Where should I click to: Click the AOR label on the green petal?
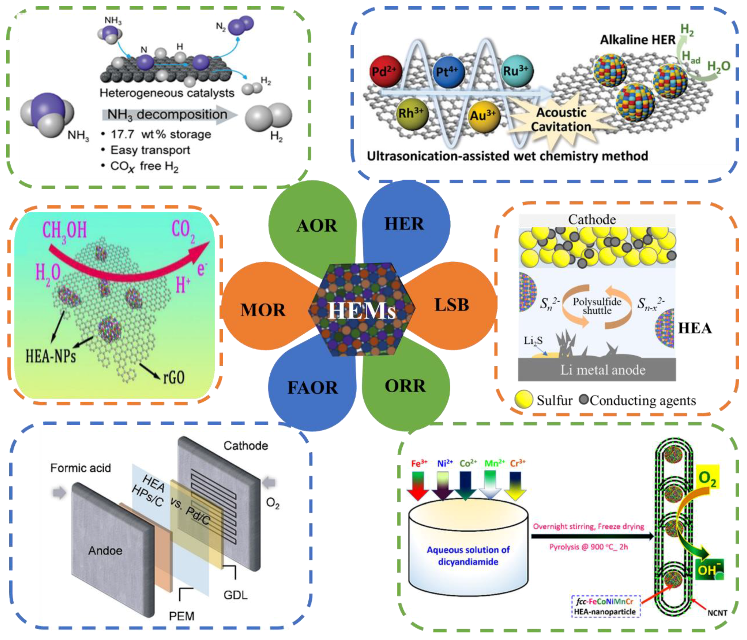[x=317, y=226]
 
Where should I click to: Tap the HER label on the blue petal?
[x=404, y=224]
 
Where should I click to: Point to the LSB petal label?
[x=452, y=305]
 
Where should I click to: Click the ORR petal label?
[x=405, y=386]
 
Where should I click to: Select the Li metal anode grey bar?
[x=597, y=370]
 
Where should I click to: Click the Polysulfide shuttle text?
[x=597, y=306]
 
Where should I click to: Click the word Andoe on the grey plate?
[x=105, y=551]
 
